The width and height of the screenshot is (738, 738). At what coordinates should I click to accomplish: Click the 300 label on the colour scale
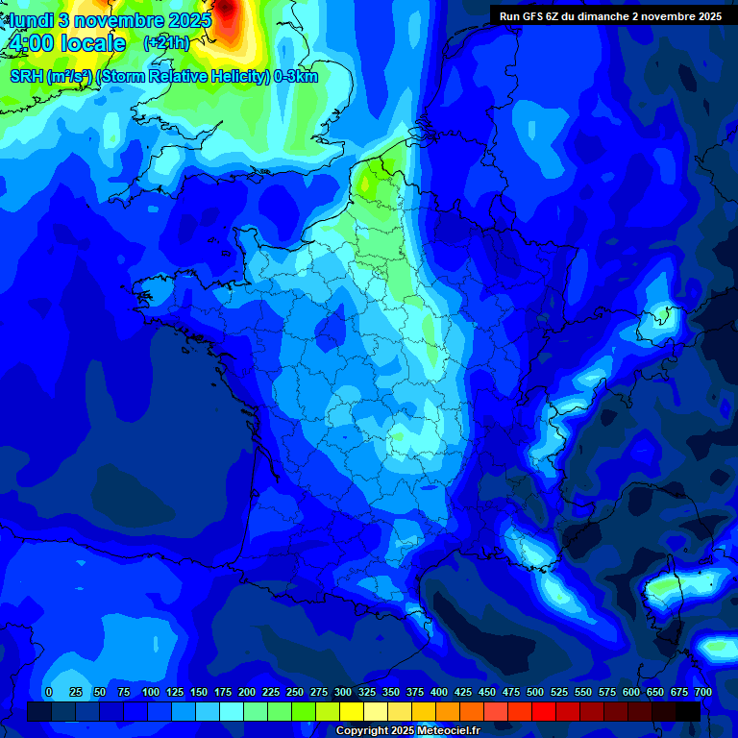(343, 692)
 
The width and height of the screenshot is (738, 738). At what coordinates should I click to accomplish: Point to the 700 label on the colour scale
(702, 692)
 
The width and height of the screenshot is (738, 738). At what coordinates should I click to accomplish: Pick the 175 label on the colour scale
(223, 692)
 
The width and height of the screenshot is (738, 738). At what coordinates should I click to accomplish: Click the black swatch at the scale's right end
(688, 711)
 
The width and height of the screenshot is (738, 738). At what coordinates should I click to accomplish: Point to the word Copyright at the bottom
(363, 731)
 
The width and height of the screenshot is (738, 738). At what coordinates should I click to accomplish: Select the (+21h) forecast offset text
(166, 43)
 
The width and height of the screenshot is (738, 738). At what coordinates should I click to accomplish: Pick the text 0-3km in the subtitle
(296, 76)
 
